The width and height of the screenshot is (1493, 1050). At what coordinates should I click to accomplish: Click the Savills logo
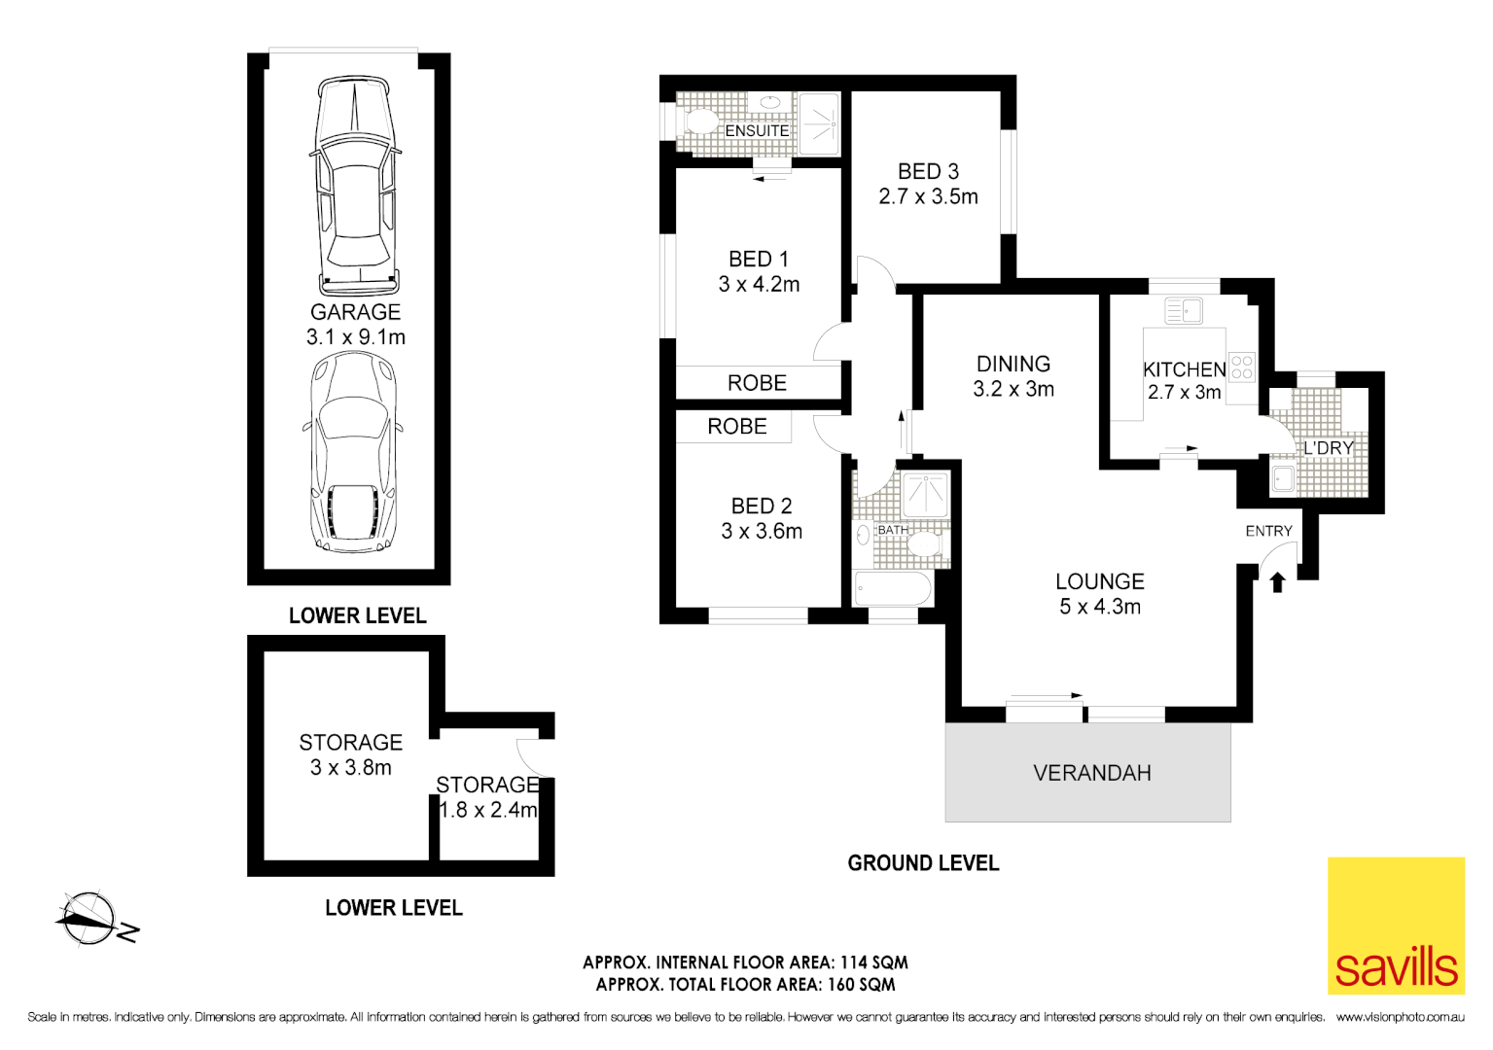(x=1396, y=926)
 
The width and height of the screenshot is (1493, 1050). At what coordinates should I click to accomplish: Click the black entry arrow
(x=1277, y=582)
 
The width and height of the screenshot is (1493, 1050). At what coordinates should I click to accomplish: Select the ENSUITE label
(x=757, y=130)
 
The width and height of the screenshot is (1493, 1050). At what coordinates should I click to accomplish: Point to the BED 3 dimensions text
(x=928, y=196)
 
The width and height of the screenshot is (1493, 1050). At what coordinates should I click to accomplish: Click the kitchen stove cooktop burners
(x=1242, y=367)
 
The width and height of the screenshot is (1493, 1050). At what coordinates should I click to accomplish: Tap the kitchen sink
(x=1184, y=311)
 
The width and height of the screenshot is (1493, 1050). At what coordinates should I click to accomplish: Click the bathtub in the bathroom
(x=892, y=588)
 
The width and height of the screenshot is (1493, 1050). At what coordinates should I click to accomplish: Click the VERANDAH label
(x=1091, y=773)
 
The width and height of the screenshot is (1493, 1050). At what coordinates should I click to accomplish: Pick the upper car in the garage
(x=355, y=187)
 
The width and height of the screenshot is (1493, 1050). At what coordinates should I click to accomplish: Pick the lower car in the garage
(x=353, y=452)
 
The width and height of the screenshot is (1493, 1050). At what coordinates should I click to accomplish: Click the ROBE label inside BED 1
(x=757, y=383)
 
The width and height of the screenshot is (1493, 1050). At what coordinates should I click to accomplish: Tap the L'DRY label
(x=1328, y=448)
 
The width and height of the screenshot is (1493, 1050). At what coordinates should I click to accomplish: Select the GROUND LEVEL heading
(x=923, y=863)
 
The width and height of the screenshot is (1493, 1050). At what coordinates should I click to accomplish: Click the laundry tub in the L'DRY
(x=1284, y=478)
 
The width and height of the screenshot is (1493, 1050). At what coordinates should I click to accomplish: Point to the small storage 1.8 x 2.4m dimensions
(x=488, y=810)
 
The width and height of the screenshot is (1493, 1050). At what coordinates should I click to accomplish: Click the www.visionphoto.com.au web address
(x=1400, y=1017)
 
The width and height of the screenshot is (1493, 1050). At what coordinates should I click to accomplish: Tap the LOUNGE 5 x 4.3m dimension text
(x=1099, y=607)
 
